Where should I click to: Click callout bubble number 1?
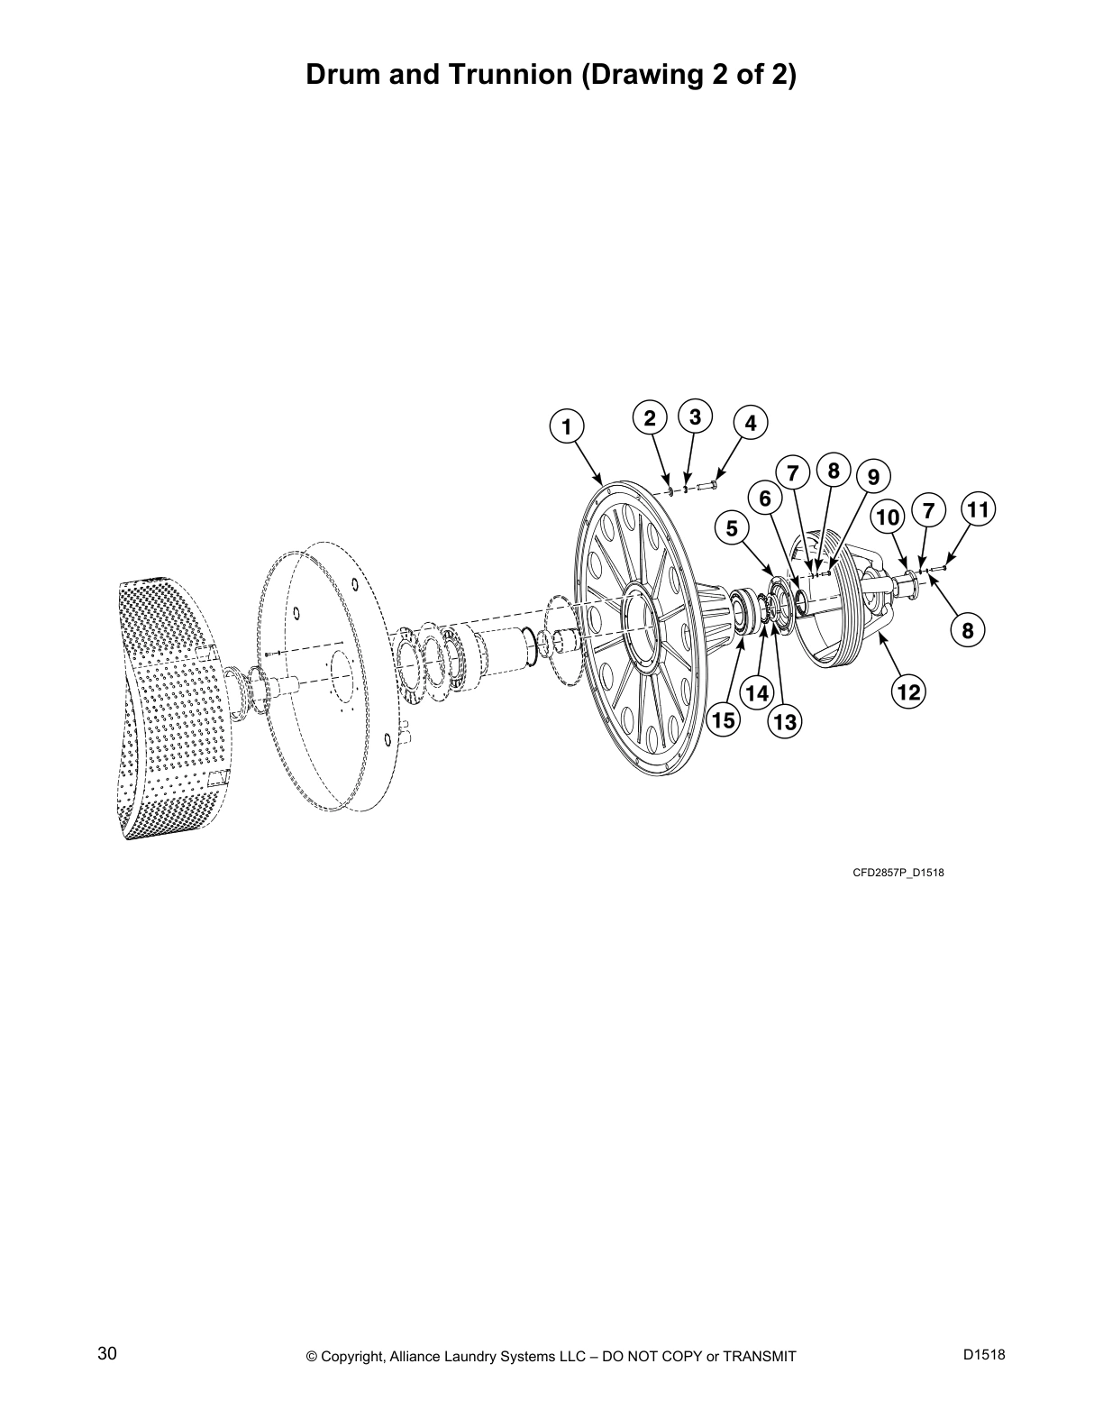tap(566, 426)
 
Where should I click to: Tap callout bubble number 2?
tap(649, 417)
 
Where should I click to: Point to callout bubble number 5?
tap(733, 527)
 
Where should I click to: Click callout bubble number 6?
tap(765, 499)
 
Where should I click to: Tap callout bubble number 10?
tap(888, 517)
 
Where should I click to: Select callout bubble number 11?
tap(977, 509)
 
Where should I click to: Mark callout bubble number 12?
tap(908, 691)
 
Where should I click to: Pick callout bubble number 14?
tap(758, 692)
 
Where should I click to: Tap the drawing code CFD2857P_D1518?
tap(898, 873)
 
